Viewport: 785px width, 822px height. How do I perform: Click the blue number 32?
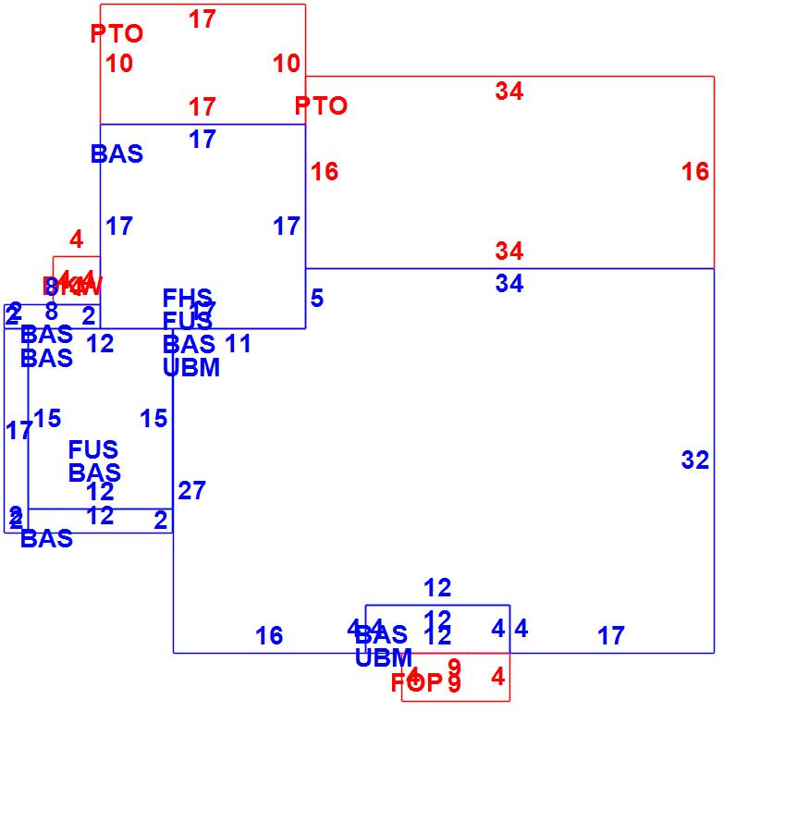694,460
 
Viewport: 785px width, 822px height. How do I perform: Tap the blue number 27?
191,491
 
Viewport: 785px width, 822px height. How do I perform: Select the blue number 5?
317,299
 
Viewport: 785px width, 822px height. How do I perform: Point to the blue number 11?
238,344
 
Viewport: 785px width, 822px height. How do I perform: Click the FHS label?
187,299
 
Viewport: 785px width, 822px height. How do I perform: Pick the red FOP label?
416,683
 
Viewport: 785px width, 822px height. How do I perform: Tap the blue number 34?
509,284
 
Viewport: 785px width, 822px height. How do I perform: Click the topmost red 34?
509,91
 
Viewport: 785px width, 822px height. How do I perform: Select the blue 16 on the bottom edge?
269,636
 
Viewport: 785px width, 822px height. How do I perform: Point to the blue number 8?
51,312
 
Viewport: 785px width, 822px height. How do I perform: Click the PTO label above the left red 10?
117,34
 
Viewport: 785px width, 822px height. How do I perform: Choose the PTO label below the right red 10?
321,106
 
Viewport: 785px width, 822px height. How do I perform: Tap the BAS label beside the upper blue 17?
117,154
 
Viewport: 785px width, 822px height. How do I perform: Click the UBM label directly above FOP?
384,658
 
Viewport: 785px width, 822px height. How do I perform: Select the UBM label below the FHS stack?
191,368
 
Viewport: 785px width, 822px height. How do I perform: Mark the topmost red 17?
202,18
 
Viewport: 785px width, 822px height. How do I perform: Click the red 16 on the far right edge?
695,171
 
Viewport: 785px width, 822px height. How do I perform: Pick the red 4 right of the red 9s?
497,677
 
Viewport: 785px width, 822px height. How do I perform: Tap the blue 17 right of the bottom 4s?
610,636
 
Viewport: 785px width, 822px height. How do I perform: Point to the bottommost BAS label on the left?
46,539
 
